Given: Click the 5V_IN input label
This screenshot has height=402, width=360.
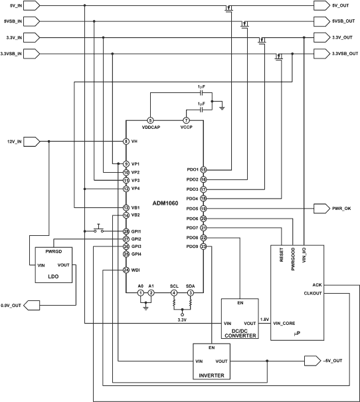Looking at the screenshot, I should pyautogui.click(x=11, y=5).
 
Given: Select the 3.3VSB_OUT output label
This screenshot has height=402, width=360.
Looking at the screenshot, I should pyautogui.click(x=340, y=52).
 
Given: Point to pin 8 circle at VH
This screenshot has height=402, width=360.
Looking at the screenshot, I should pyautogui.click(x=126, y=142).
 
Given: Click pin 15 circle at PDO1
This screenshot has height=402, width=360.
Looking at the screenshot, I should pyautogui.click(x=203, y=169).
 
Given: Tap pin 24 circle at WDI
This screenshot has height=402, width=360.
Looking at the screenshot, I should pyautogui.click(x=126, y=270).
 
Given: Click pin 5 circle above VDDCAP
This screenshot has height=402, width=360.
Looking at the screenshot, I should pyautogui.click(x=149, y=120).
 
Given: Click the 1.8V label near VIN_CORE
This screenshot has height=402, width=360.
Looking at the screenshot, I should pyautogui.click(x=265, y=320).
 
